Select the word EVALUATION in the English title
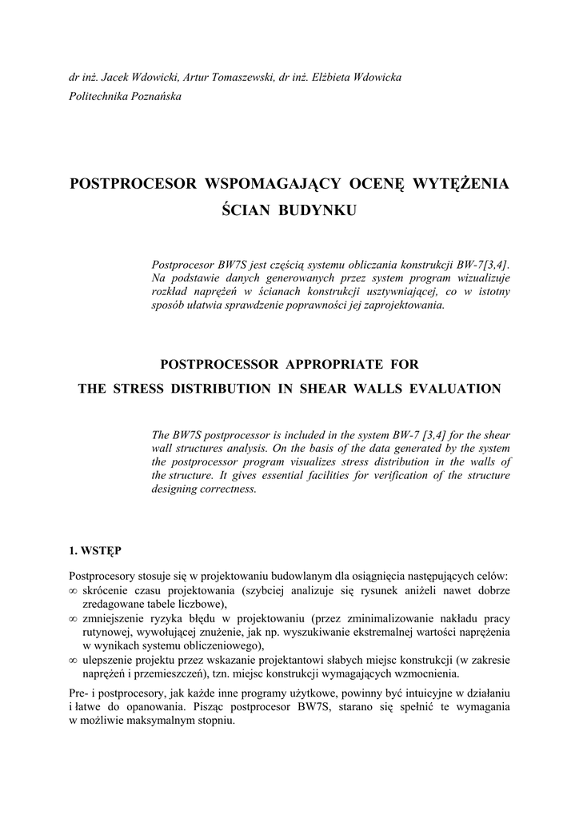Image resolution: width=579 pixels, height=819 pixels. pyautogui.click(x=456, y=389)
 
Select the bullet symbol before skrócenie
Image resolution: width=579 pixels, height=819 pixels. pyautogui.click(x=74, y=590)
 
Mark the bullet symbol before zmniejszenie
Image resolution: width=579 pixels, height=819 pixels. pyautogui.click(x=74, y=619)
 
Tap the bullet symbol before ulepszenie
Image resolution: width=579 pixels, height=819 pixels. pyautogui.click(x=74, y=661)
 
